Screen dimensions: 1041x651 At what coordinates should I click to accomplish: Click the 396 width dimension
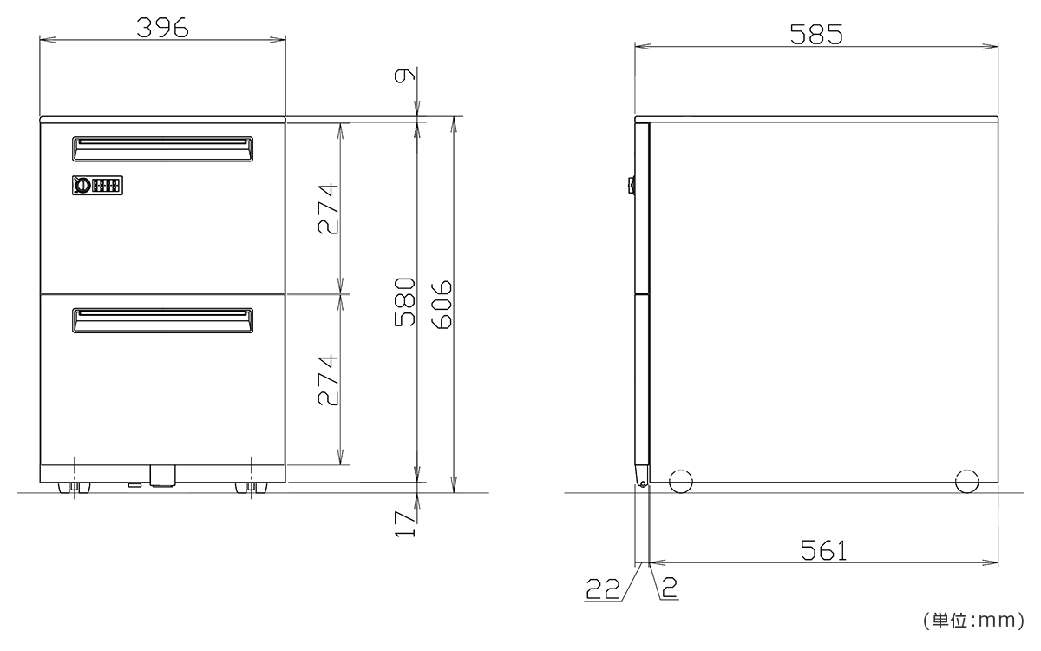pos(163,28)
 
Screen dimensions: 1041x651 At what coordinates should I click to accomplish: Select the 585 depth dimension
pos(816,34)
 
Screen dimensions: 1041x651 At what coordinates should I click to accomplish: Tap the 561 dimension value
pos(823,550)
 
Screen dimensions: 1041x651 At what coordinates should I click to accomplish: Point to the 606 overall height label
pos(442,305)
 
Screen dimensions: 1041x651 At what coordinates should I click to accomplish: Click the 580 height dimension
pos(404,302)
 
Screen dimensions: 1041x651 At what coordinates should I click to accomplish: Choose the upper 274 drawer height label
pos(328,208)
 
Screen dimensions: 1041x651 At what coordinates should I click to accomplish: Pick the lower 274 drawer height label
pos(328,380)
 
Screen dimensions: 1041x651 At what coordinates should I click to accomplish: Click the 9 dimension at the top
pos(404,76)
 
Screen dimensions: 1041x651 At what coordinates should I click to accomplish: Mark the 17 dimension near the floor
pos(405,524)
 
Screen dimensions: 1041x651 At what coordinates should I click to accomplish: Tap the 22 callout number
pos(603,589)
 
